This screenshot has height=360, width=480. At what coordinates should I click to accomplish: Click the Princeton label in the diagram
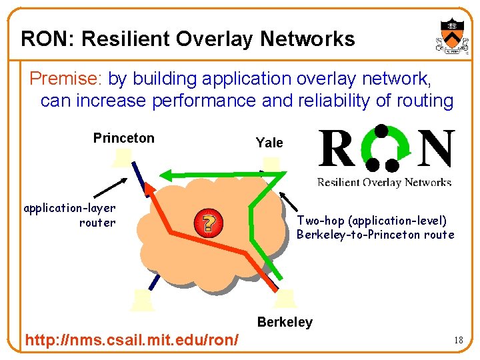coord(123,138)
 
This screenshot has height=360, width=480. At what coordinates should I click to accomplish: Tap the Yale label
coord(269,143)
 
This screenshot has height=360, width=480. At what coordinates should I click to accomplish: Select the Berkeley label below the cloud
coord(285,322)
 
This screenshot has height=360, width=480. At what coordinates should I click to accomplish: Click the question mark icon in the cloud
coord(208,223)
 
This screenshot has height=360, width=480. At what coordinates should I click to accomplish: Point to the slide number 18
coord(458,341)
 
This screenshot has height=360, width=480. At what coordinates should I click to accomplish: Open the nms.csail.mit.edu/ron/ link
coord(131,341)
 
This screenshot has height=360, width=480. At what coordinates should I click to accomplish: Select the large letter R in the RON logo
coord(337,151)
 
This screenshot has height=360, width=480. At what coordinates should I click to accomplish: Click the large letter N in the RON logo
coord(437,151)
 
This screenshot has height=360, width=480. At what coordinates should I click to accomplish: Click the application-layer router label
coord(70,215)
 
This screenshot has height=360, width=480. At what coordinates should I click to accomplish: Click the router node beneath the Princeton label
coord(123,159)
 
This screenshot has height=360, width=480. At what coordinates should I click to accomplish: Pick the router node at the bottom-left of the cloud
coord(143,301)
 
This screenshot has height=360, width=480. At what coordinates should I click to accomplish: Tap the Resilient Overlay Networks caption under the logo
coord(384,182)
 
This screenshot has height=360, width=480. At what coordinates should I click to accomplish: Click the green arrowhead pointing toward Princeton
coord(170,175)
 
